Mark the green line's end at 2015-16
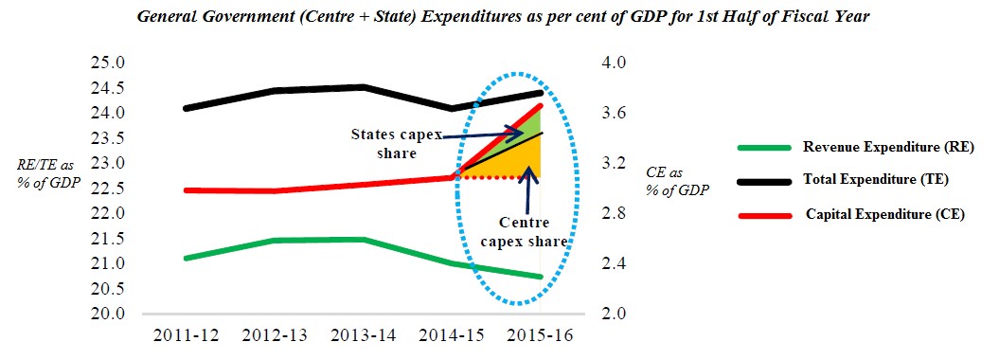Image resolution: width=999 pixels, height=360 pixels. coord(541,277)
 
